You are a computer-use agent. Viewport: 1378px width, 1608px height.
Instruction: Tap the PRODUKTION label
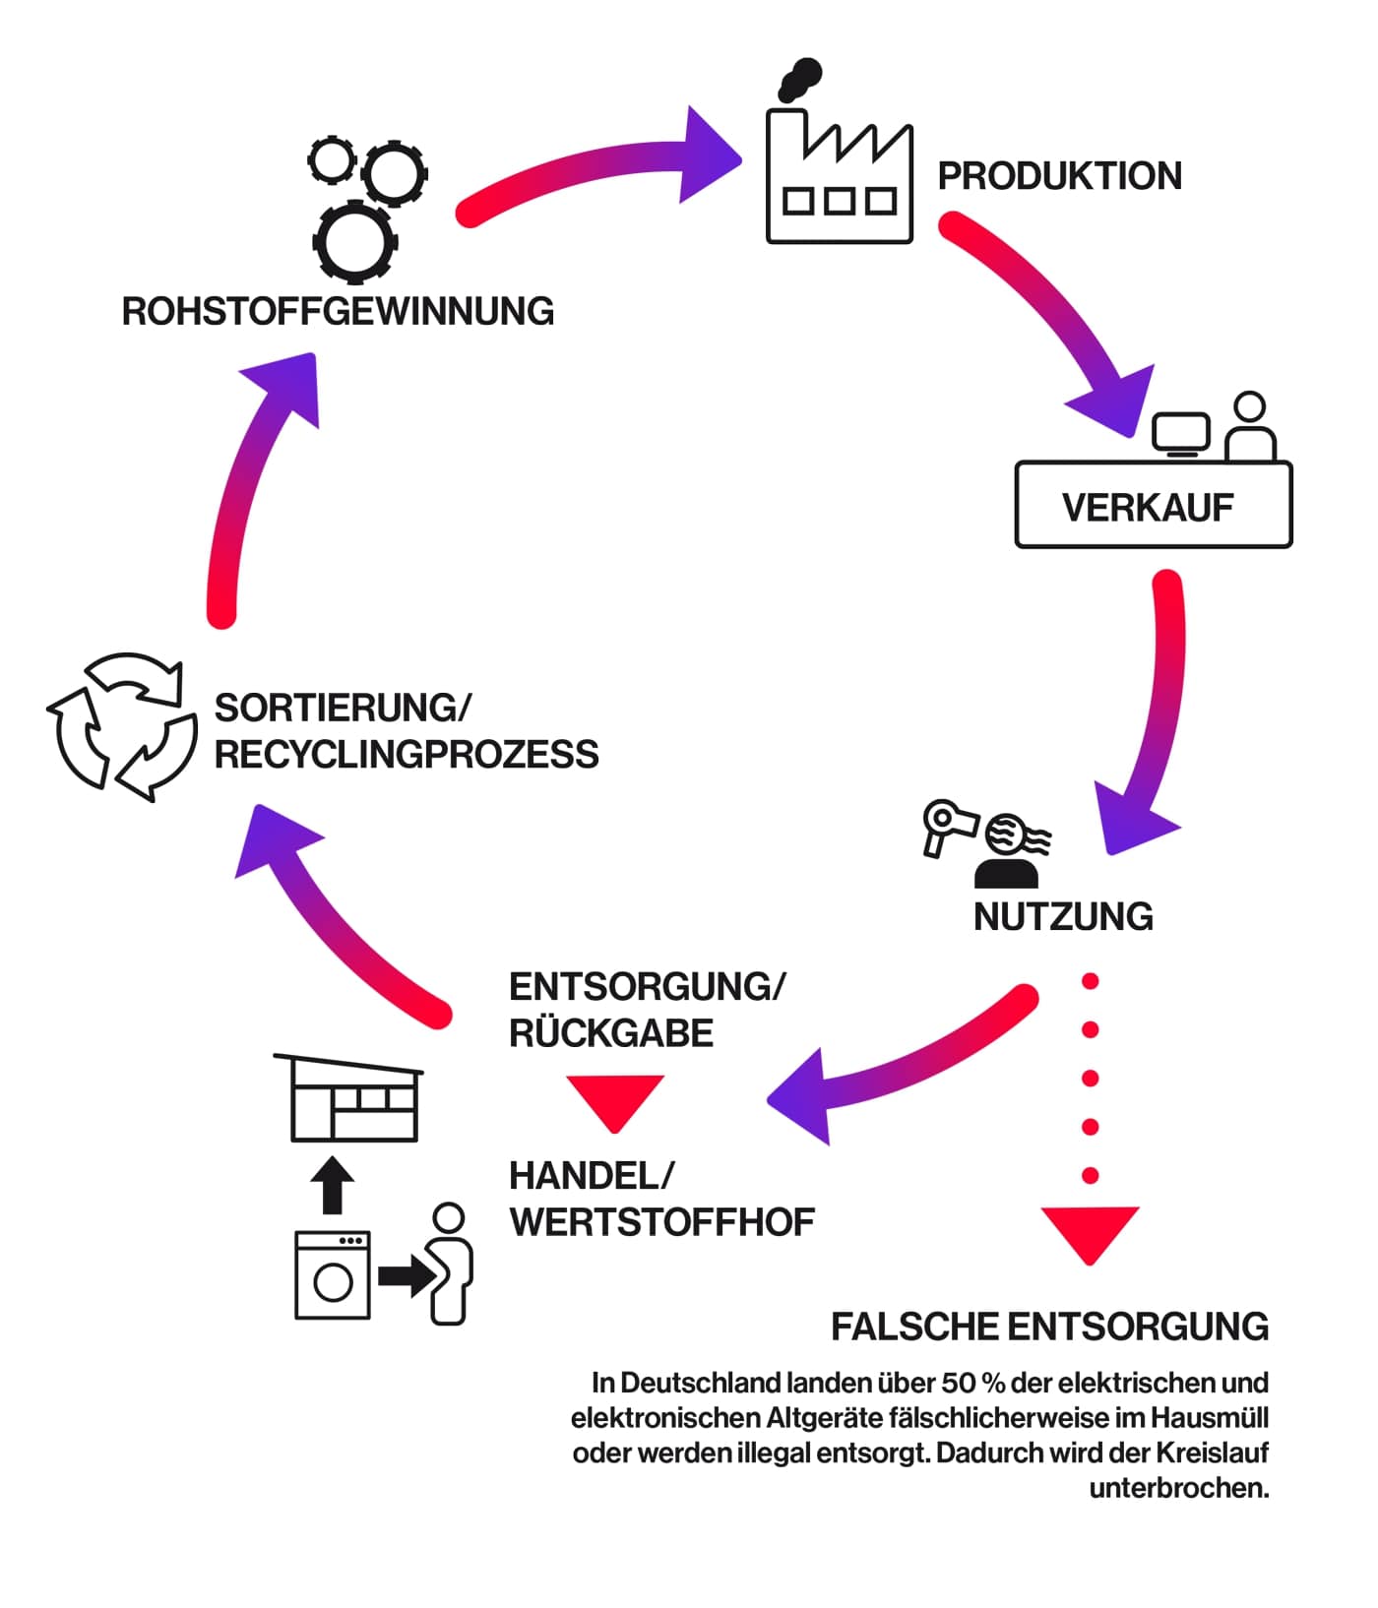click(1059, 176)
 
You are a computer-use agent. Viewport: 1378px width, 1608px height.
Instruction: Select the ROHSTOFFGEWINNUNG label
click(338, 311)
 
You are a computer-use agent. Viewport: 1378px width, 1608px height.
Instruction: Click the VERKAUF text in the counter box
click(1148, 508)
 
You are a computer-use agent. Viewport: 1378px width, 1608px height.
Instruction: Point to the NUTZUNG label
click(1063, 917)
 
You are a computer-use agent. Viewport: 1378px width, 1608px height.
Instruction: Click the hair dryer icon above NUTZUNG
click(946, 825)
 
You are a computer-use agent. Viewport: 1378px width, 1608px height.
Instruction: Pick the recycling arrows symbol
click(122, 727)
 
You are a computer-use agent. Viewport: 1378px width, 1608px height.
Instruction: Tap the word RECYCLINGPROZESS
click(407, 755)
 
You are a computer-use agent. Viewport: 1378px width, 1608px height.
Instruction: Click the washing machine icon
click(333, 1275)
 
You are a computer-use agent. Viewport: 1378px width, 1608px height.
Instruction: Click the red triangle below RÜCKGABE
click(615, 1100)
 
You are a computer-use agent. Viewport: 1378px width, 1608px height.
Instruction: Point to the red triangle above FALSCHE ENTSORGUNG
click(1090, 1231)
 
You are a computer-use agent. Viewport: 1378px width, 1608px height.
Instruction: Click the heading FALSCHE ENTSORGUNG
click(1049, 1327)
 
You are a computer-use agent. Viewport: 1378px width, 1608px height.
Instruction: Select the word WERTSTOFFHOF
click(661, 1222)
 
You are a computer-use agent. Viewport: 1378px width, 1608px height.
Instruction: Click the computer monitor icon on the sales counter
click(1180, 432)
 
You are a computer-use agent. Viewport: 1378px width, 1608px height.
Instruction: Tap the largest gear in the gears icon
click(354, 241)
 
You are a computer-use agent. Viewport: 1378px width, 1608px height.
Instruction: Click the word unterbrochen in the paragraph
click(1178, 1488)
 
